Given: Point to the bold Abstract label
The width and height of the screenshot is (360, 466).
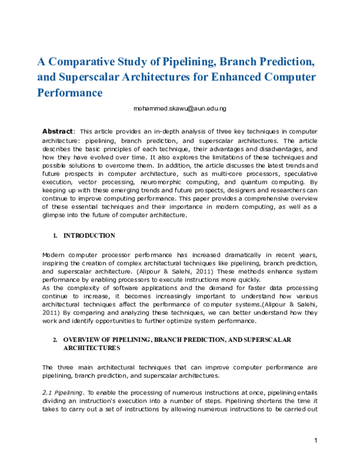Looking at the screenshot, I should tap(58, 131).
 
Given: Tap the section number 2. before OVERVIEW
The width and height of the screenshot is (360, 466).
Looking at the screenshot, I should tap(55, 340).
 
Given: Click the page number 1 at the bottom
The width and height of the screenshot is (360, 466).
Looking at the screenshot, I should tap(316, 441).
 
